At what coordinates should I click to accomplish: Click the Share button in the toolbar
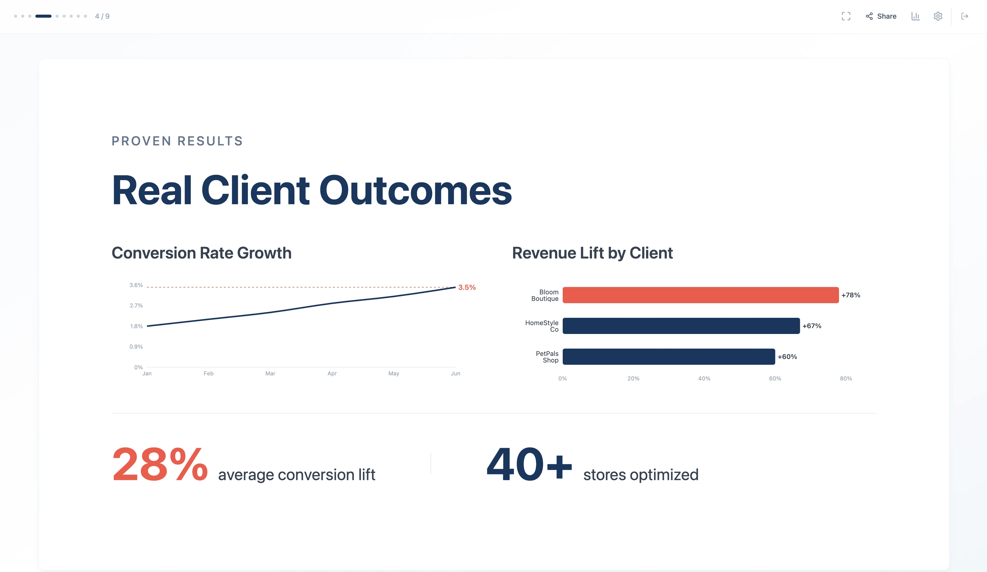click(x=881, y=16)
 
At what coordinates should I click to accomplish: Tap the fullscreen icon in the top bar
click(x=846, y=16)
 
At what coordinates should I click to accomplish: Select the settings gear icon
click(x=938, y=16)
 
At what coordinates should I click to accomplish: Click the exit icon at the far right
click(x=965, y=16)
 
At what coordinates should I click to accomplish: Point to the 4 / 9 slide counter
click(x=102, y=16)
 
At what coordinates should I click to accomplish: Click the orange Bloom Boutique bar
click(x=700, y=295)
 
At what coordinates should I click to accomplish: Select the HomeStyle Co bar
click(x=681, y=326)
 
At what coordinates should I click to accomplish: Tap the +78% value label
click(x=851, y=295)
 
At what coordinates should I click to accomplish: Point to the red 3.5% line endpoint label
click(x=467, y=287)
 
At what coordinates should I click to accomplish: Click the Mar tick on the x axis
click(x=270, y=374)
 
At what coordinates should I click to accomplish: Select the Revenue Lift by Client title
click(x=592, y=253)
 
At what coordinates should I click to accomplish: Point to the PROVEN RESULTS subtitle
click(x=177, y=141)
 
